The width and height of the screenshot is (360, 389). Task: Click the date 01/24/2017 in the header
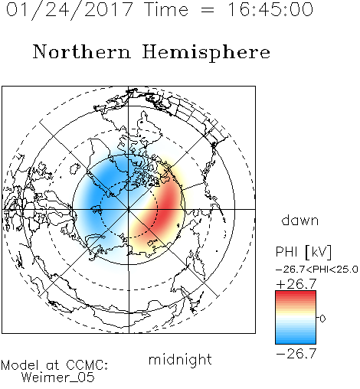coord(70,10)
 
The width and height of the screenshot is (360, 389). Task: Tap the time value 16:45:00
coord(270,9)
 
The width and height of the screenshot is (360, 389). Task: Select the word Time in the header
coord(166,9)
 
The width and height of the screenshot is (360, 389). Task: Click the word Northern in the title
coord(82,51)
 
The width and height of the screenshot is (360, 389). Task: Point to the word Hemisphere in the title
coord(206,53)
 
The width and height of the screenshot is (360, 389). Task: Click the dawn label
coord(300,220)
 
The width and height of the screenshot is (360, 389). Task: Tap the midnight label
coord(180,359)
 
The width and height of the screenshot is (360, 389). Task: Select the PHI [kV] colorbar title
coord(303,252)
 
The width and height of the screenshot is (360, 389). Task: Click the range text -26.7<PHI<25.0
coord(317,270)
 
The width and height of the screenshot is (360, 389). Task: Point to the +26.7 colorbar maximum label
coord(296,284)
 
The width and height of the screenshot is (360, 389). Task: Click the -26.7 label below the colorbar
coord(296,354)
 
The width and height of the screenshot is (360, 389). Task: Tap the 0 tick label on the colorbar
coord(322,319)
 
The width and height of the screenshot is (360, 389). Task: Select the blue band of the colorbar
coord(296,337)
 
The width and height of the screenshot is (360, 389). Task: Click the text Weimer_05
coord(58,378)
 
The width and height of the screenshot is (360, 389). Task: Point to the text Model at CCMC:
coord(54,365)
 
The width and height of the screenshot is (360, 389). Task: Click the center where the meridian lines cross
coord(129,209)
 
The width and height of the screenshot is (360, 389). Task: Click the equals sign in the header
coord(208,10)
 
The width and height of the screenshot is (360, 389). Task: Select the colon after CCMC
coord(106,366)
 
